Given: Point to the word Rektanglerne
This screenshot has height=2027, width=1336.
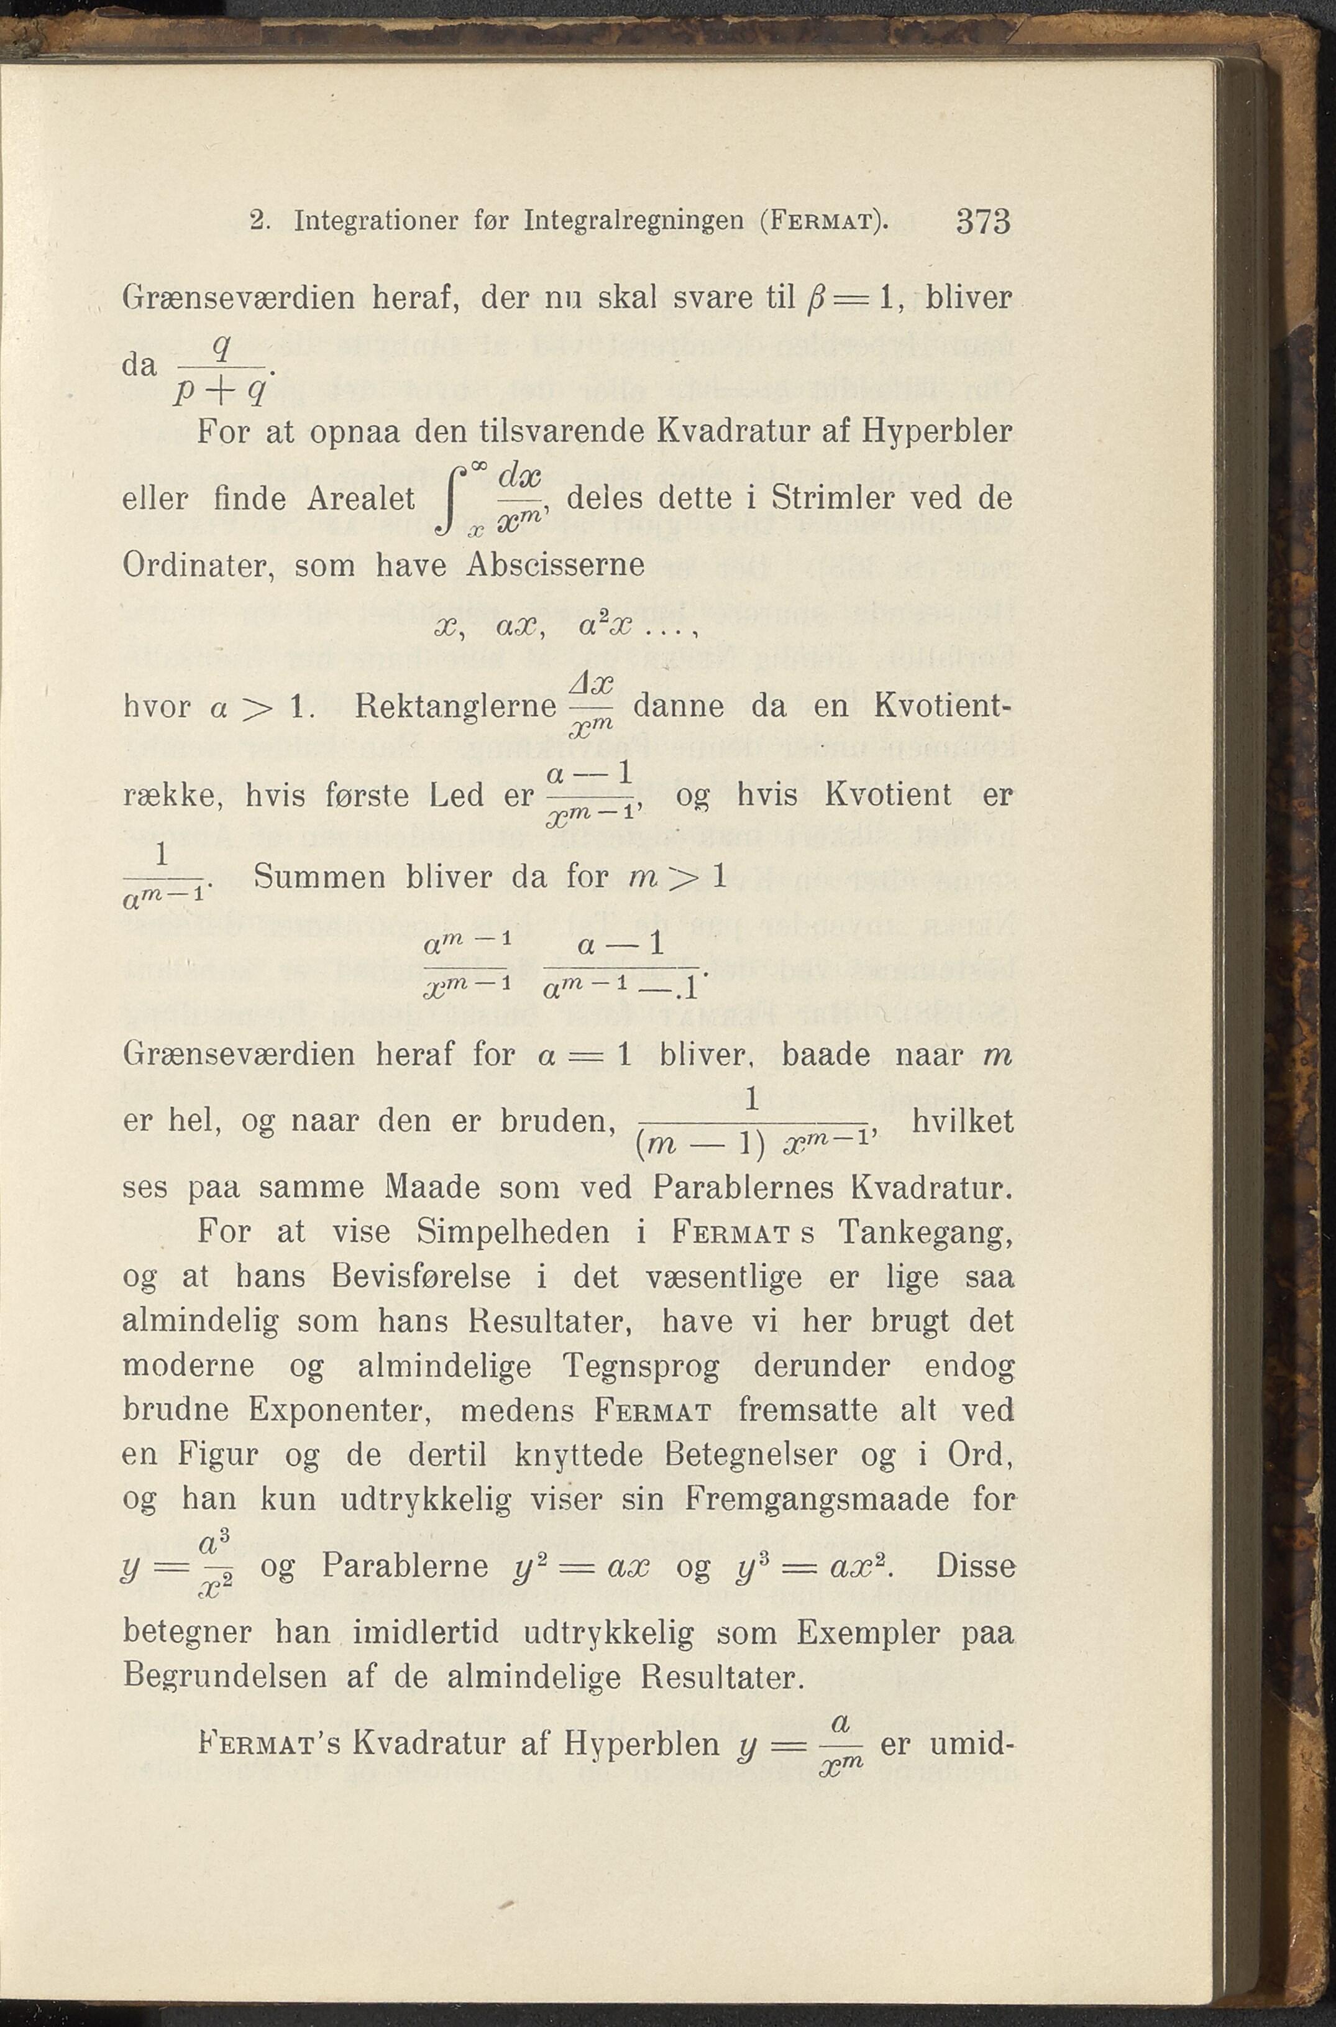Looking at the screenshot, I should pos(454,706).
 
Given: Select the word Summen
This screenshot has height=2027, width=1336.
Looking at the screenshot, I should pos(319,878).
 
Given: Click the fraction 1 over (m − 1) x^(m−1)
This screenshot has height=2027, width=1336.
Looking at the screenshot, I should pos(751,1121).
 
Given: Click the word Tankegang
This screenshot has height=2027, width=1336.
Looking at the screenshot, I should pos(925,1233).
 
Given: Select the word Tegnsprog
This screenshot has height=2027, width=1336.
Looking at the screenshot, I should pos(641,1366).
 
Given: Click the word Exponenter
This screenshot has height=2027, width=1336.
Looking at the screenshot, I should pos(341,1410).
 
